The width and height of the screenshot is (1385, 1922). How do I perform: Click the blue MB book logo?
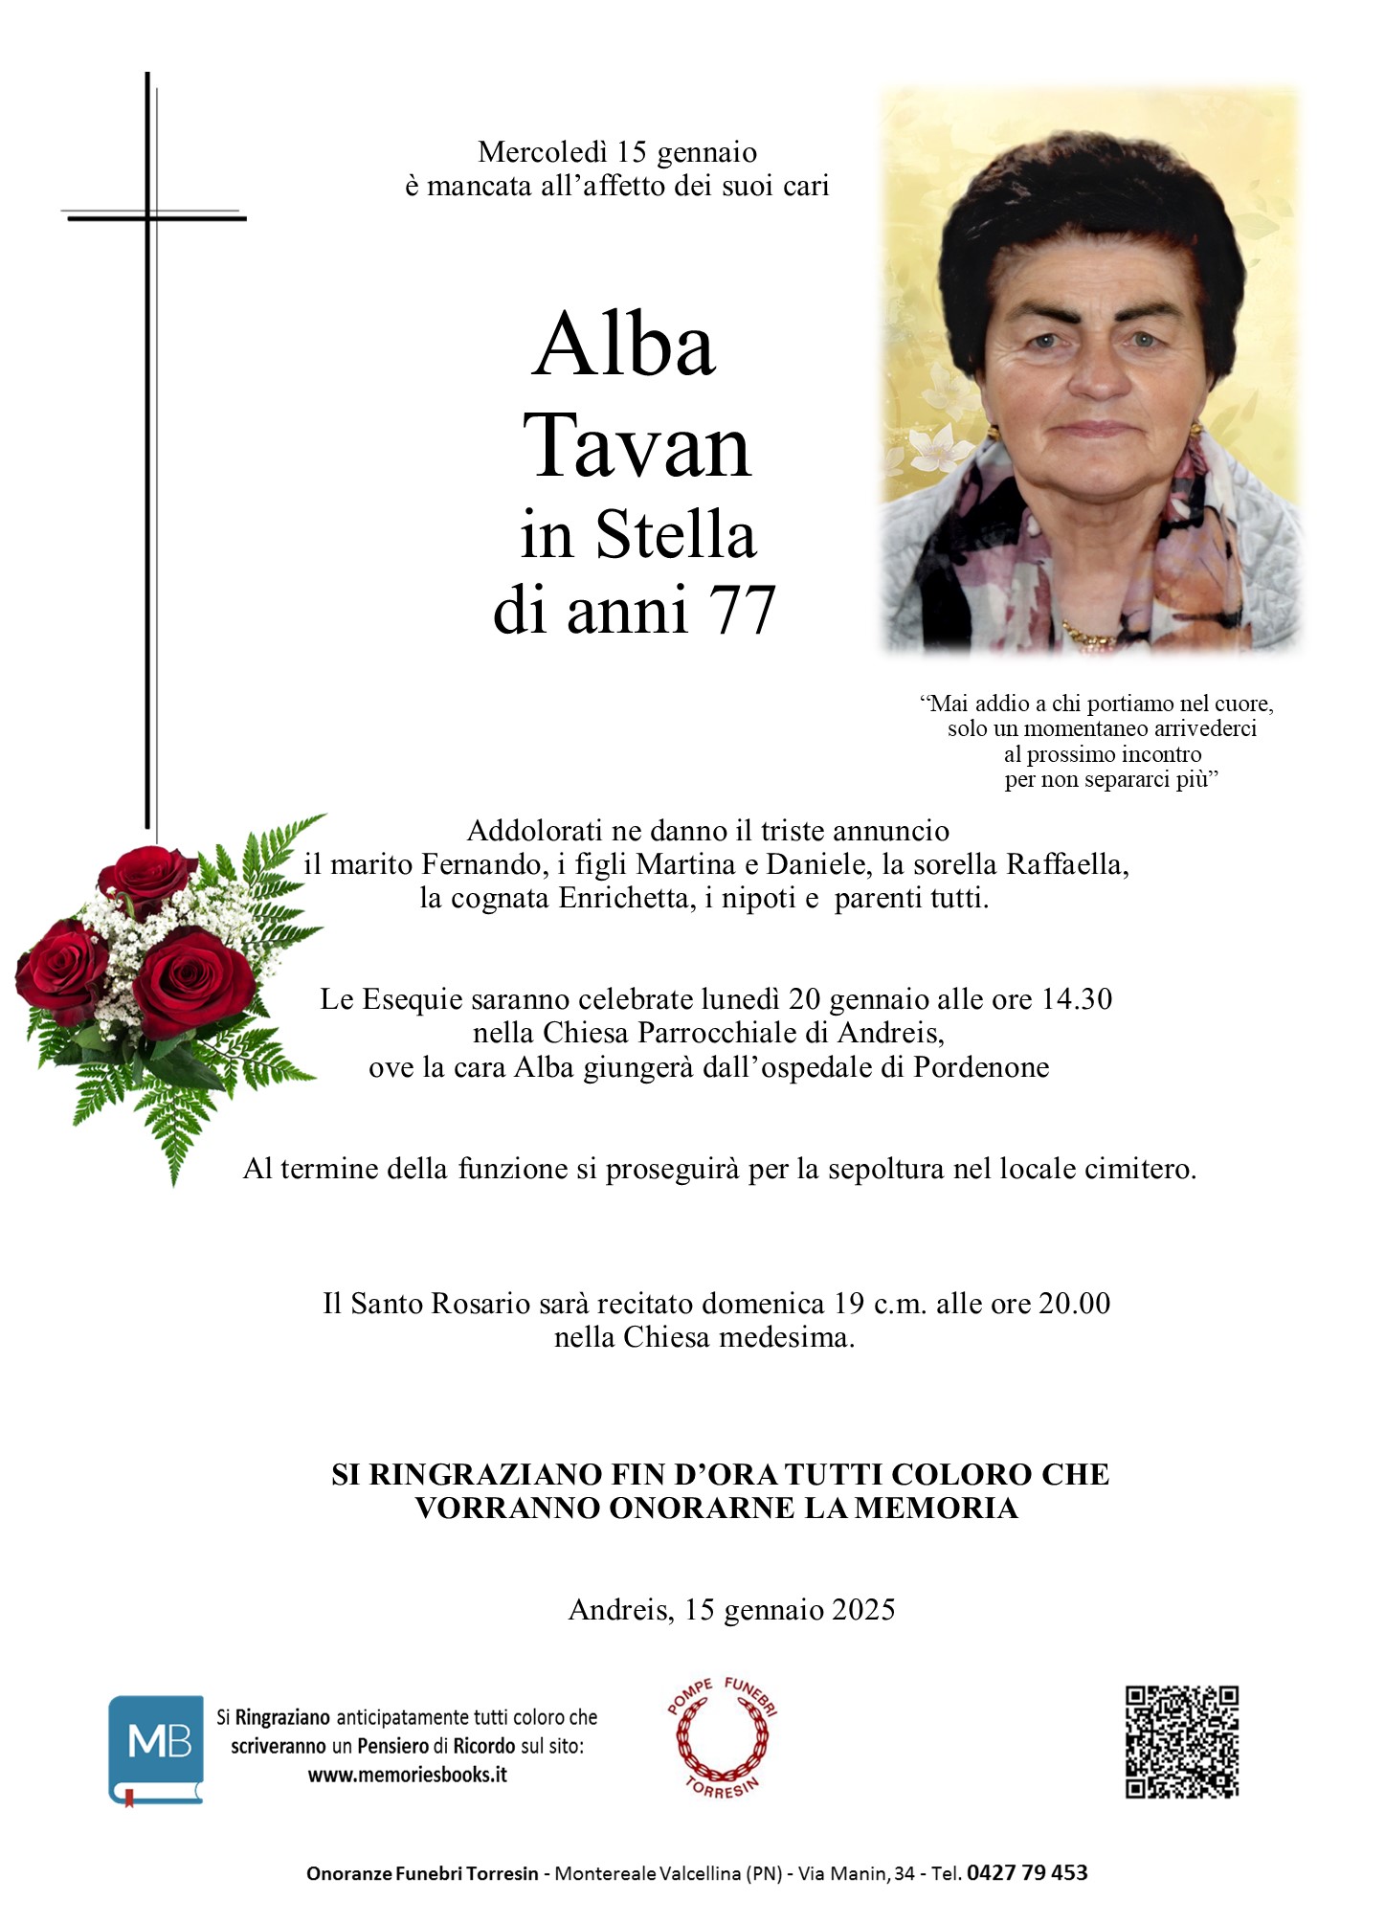coord(156,1748)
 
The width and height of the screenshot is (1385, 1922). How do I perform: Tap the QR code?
coord(1181,1742)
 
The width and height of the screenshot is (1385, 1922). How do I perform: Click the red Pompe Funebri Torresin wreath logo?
coord(723,1737)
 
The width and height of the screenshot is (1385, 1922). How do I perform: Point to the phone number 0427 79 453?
coord(1027,1873)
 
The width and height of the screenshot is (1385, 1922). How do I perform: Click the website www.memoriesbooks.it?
coord(407,1775)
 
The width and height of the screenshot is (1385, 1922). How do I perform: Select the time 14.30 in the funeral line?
coord(1076,999)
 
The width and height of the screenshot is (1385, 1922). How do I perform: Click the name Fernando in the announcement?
coord(481,864)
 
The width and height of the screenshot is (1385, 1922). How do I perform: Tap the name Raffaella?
coord(1066,864)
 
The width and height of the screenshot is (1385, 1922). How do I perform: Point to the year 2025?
coord(863,1610)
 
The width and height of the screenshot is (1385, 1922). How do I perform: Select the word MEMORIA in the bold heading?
coord(935,1509)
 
